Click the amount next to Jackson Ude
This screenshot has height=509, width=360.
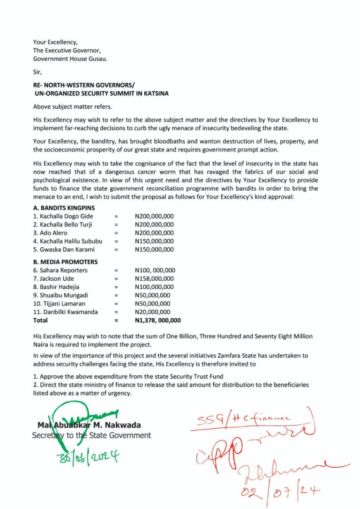(x=154, y=278)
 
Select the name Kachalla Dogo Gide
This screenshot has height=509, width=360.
(x=63, y=216)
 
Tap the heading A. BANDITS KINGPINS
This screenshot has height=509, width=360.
(x=64, y=208)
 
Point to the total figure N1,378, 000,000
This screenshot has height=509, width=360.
(x=157, y=321)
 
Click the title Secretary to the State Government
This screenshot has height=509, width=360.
(x=91, y=435)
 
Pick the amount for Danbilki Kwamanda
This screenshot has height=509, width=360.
(x=152, y=312)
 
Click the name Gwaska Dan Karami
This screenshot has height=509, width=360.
(x=64, y=249)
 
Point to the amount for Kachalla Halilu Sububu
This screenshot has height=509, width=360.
(x=154, y=241)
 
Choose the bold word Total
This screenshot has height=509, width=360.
(x=40, y=321)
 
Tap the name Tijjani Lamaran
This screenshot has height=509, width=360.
(x=59, y=304)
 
